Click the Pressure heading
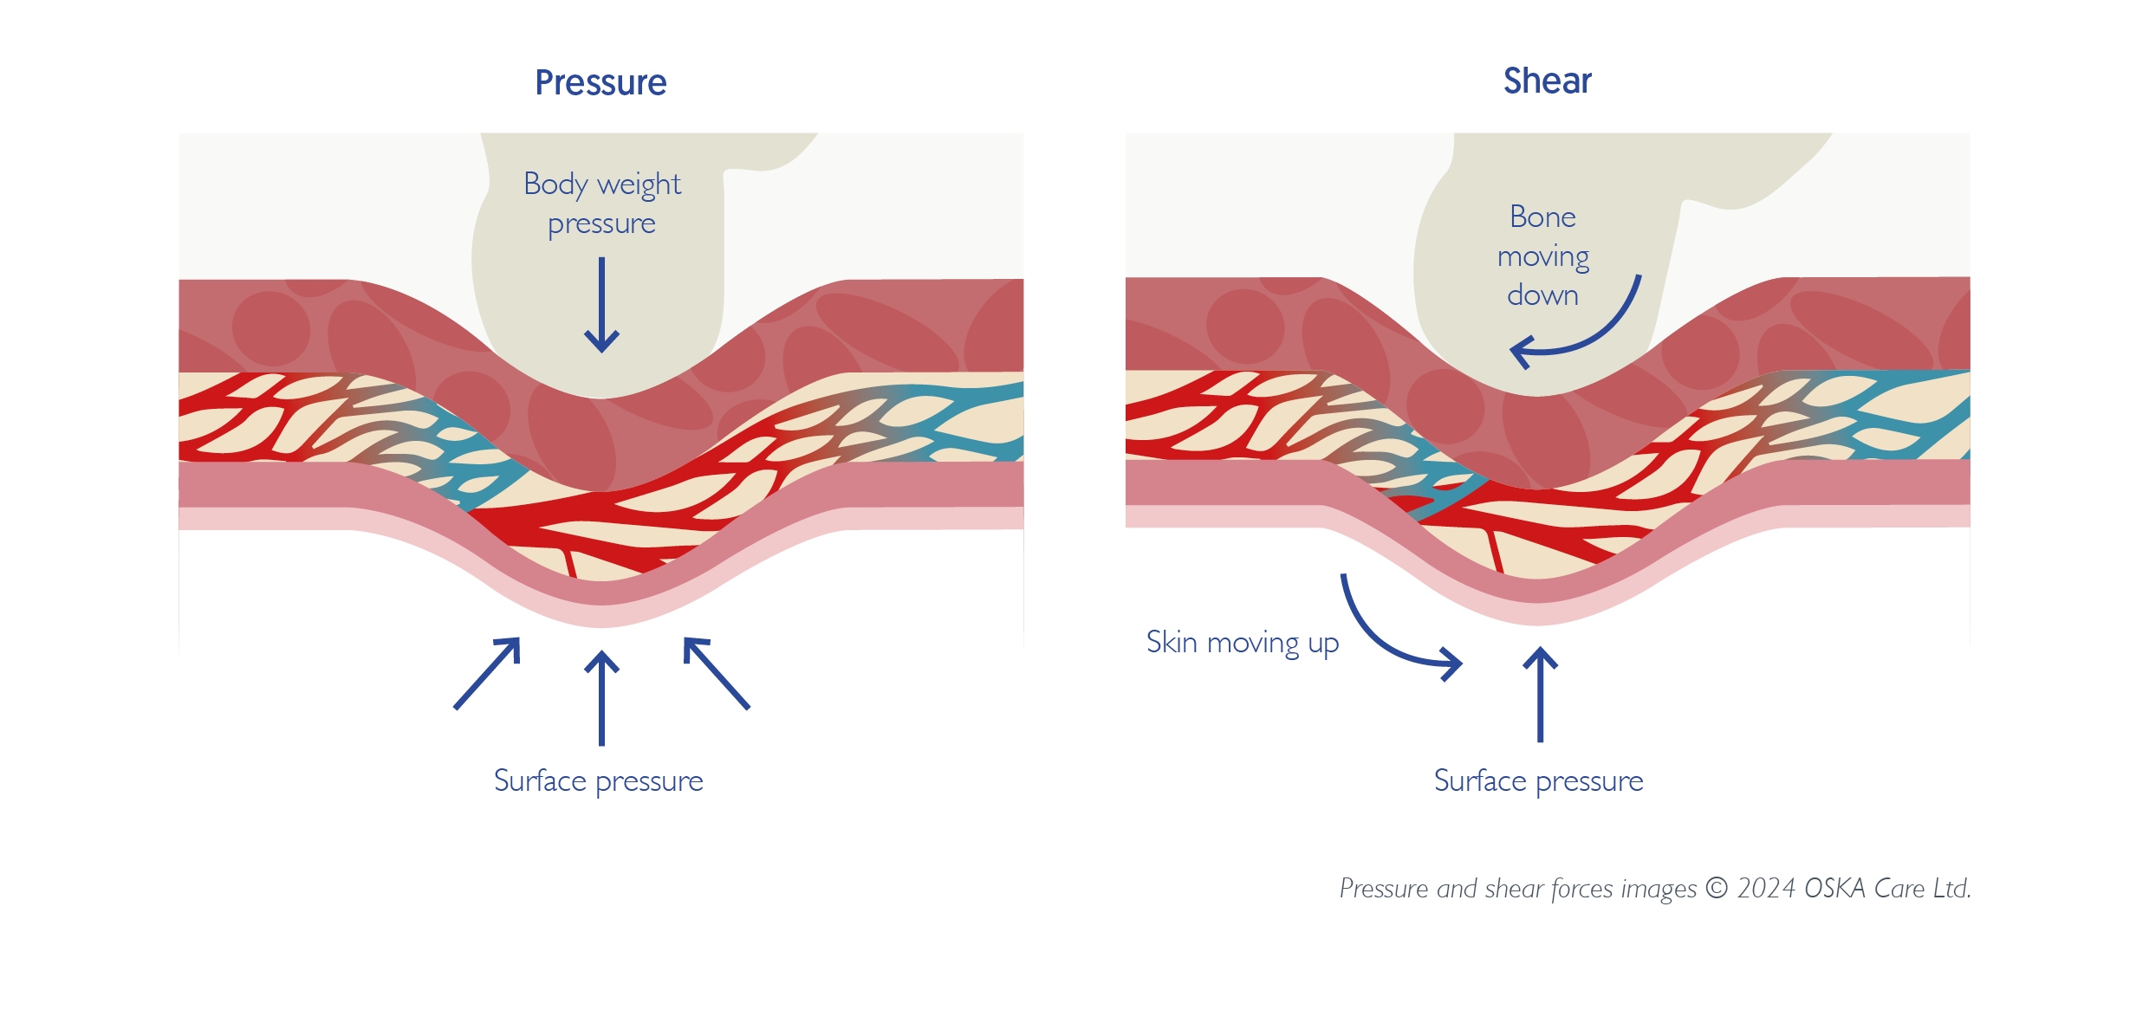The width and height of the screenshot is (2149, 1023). click(x=601, y=83)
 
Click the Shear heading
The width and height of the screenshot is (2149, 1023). click(x=1547, y=81)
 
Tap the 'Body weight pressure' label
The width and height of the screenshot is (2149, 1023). click(x=602, y=204)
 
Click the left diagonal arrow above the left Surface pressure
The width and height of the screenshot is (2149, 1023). click(x=488, y=673)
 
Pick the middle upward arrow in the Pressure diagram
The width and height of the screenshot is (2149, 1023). click(x=601, y=697)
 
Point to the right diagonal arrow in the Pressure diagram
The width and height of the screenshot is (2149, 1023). click(x=716, y=673)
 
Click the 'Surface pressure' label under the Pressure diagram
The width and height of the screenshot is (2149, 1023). click(x=598, y=780)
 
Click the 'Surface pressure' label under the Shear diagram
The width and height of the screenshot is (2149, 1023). click(x=1538, y=780)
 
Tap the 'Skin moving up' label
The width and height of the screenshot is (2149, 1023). click(x=1242, y=643)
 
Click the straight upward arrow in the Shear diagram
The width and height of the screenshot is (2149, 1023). click(x=1540, y=694)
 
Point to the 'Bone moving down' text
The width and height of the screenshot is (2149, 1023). click(x=1542, y=256)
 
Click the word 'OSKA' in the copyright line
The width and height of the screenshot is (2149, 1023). click(x=1834, y=889)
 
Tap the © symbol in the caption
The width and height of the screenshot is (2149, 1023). click(x=1716, y=889)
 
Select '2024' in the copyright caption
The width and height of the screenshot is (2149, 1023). click(x=1766, y=889)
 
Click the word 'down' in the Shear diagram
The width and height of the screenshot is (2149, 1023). click(x=1542, y=295)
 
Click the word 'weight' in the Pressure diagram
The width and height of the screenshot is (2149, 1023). click(x=639, y=185)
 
